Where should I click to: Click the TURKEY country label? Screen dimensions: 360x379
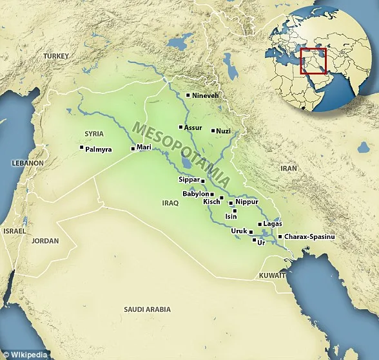point(55,57)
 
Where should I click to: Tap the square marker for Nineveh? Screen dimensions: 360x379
point(188,95)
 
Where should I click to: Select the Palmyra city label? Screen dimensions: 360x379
point(98,149)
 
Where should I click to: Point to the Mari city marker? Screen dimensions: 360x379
point(133,149)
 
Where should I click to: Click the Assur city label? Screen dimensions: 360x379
point(193,128)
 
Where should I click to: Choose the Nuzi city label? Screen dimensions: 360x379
point(223,131)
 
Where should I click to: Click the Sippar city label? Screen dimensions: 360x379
point(189,180)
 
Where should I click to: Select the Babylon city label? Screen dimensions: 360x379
point(195,193)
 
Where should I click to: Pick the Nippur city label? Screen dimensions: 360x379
point(247,202)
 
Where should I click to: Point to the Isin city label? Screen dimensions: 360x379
point(230,217)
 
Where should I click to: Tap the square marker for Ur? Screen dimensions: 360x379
point(253,241)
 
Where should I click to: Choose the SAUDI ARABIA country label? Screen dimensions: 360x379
point(148,309)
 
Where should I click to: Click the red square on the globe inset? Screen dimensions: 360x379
point(314,61)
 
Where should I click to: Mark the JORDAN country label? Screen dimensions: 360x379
point(44,241)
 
